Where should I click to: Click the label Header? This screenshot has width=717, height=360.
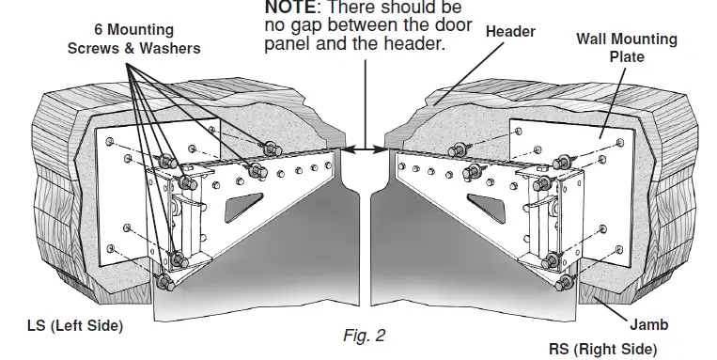[510, 32]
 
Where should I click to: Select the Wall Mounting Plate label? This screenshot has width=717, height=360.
[626, 47]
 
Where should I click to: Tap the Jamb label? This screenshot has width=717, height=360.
[649, 325]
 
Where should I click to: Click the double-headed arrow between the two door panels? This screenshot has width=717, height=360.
[361, 148]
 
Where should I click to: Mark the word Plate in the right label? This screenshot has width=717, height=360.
[627, 56]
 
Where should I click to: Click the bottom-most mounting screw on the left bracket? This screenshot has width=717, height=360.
[163, 281]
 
